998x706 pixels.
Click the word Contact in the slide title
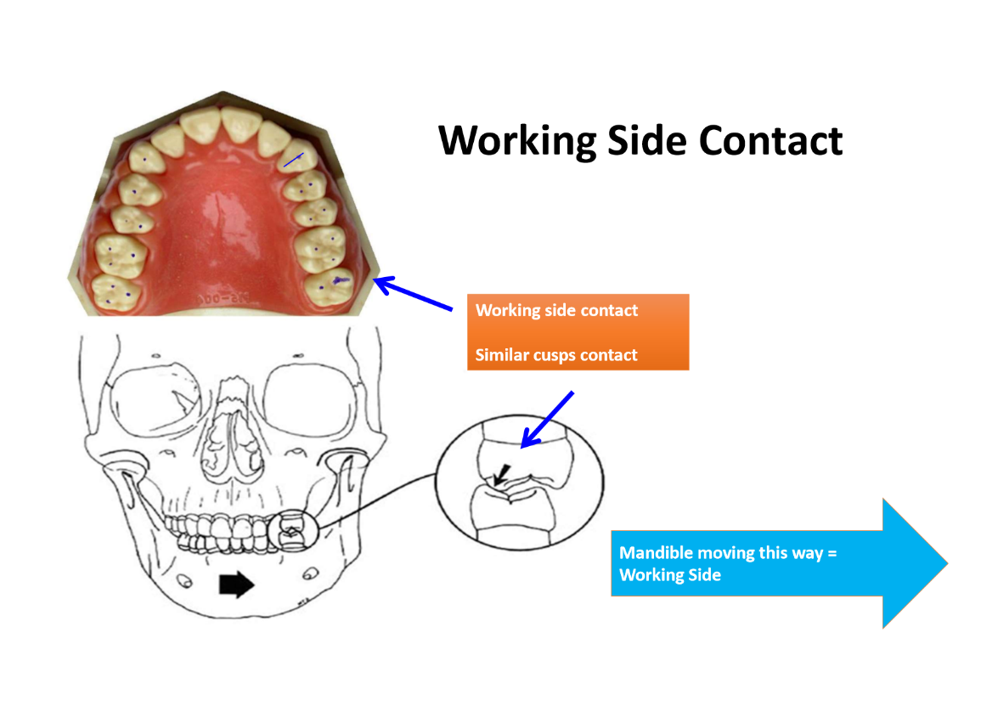pos(770,140)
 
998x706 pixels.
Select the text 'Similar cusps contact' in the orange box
pos(556,354)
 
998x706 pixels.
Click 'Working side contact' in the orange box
pos(556,310)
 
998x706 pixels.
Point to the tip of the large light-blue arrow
pos(944,563)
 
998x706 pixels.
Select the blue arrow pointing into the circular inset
pos(547,420)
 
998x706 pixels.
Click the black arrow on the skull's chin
pos(237,585)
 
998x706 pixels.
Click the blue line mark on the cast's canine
pos(293,159)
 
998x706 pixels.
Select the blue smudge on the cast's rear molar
pos(340,279)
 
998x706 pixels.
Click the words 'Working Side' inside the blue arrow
pos(670,575)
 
